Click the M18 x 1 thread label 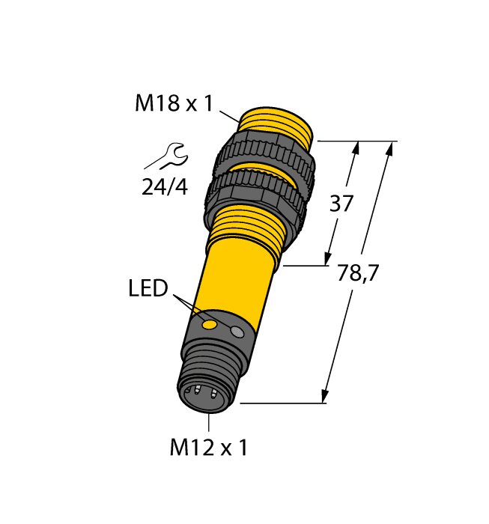point(174,103)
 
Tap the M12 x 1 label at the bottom point(208,448)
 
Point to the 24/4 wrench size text point(165,187)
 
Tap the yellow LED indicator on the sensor point(211,325)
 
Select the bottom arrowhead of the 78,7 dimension point(325,396)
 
